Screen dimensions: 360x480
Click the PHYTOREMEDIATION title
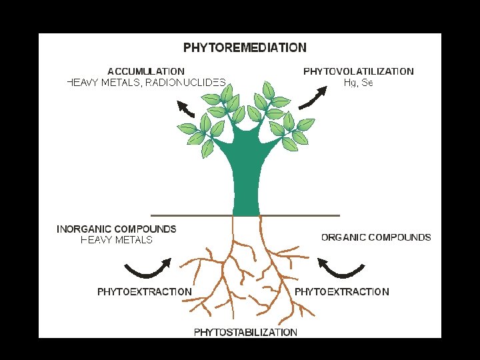pyautogui.click(x=245, y=48)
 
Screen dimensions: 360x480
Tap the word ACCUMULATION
pyautogui.click(x=146, y=71)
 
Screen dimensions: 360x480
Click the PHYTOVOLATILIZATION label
pyautogui.click(x=358, y=71)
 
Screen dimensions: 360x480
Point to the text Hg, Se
pyautogui.click(x=358, y=83)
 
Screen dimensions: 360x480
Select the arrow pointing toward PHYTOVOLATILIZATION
pyautogui.click(x=312, y=97)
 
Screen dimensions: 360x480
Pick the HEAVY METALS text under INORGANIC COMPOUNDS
pyautogui.click(x=117, y=240)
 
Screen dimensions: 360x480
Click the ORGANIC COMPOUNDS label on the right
pyautogui.click(x=376, y=237)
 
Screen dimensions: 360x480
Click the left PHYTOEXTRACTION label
pyautogui.click(x=144, y=291)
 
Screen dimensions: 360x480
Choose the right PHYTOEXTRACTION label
pyautogui.click(x=341, y=291)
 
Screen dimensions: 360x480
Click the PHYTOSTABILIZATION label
pyautogui.click(x=245, y=332)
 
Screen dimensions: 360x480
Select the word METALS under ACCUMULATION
pyautogui.click(x=120, y=83)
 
